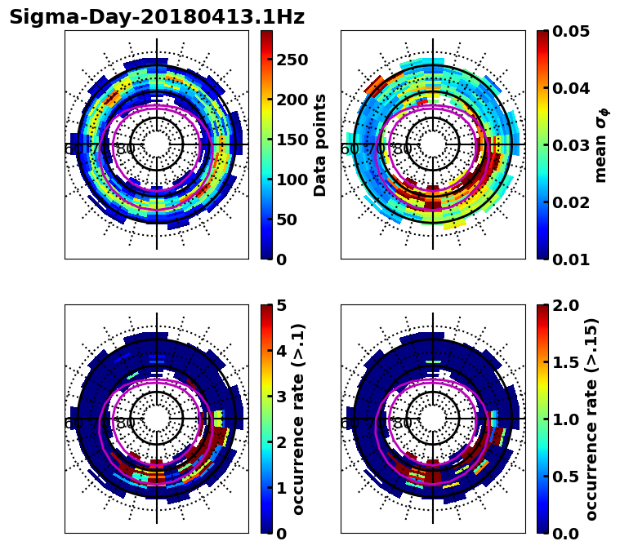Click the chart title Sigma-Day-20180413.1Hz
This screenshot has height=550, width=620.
(156, 17)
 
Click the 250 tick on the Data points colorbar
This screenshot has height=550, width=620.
(292, 60)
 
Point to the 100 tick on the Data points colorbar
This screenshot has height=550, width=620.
(292, 180)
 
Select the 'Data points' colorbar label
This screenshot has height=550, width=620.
(320, 144)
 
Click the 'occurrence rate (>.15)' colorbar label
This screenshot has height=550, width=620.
(591, 419)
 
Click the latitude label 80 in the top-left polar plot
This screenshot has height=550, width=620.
(126, 150)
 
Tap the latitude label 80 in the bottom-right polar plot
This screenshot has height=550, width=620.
(402, 424)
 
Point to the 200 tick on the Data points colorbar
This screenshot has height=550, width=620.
(292, 100)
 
